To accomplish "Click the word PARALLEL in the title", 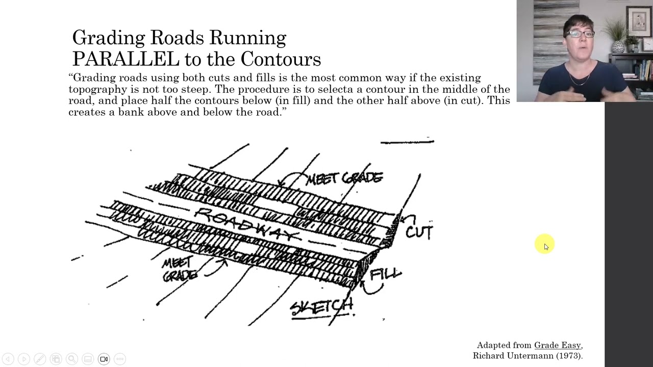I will (x=125, y=59).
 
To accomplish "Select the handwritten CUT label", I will (x=419, y=232).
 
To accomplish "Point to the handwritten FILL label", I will (x=386, y=274).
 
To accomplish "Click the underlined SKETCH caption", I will (x=321, y=307).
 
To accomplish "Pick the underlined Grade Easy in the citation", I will (x=557, y=346).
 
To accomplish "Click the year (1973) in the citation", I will (x=569, y=356).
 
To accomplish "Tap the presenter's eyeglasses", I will (x=580, y=34).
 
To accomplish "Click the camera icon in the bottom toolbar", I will (x=104, y=359).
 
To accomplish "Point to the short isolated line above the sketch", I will (x=407, y=142).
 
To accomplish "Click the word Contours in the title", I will (x=281, y=59).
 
